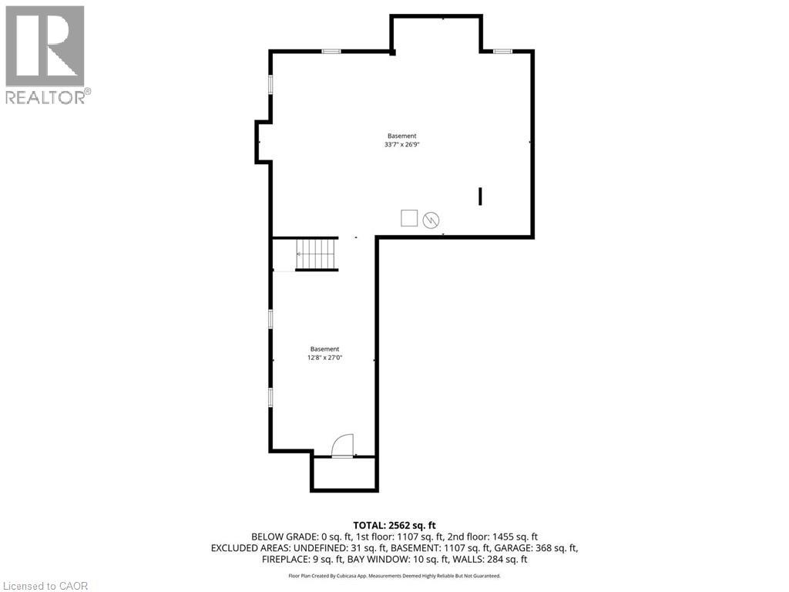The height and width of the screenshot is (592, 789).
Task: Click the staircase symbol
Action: point(317,254)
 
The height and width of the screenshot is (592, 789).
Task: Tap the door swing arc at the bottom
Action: point(341,446)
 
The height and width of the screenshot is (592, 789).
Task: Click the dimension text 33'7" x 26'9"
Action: point(401,144)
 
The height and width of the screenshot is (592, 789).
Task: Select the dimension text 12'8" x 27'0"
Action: point(324,357)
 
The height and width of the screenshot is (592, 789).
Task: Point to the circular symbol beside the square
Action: point(431,220)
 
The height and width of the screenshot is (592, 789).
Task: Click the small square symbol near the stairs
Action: point(409,218)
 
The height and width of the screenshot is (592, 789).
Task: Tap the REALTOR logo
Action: point(46,55)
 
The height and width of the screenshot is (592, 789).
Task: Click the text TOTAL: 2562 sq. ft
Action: point(394,525)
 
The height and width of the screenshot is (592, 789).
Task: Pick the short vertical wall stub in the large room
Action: point(480,196)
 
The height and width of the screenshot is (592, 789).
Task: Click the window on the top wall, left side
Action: point(331,52)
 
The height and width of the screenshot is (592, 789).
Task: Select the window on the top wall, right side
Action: point(502,52)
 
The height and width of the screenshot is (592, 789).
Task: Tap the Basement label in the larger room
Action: point(401,136)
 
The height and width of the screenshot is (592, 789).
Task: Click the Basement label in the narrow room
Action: point(324,348)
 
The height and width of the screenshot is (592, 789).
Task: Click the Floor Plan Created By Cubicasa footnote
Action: point(394,576)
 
